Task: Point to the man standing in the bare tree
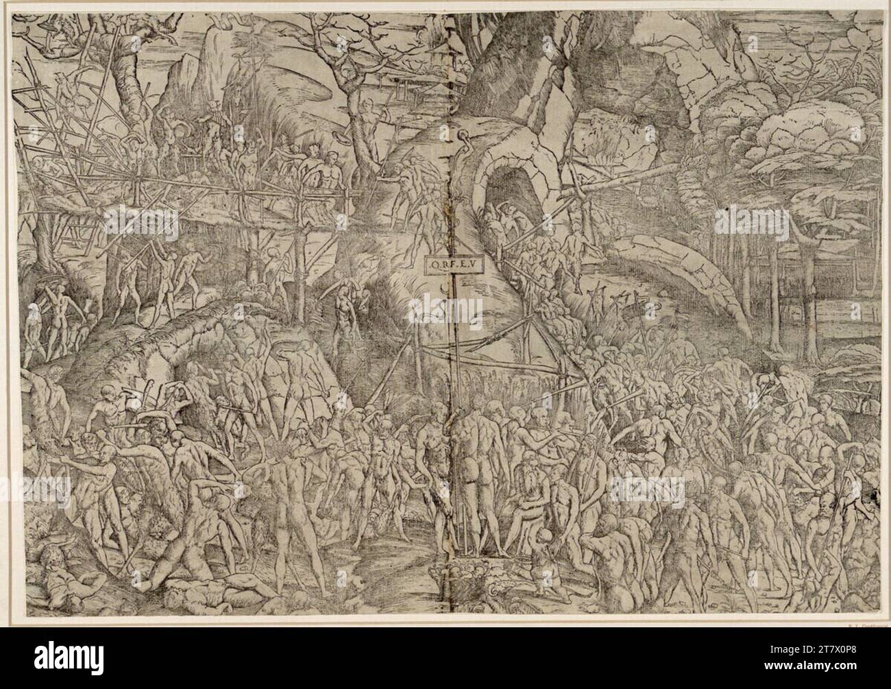(370, 117)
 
